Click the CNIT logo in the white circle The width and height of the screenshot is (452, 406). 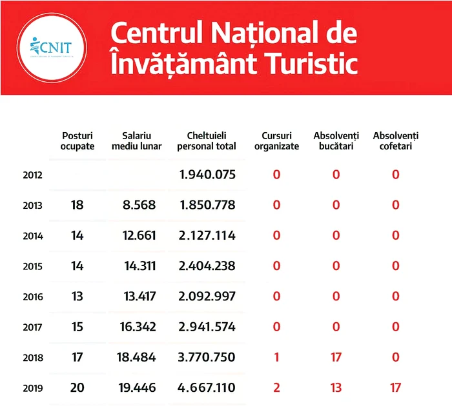(x=51, y=48)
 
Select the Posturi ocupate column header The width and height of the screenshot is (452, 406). (x=77, y=141)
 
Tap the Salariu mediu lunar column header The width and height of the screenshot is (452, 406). (x=136, y=141)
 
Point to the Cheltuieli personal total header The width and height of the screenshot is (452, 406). (x=206, y=141)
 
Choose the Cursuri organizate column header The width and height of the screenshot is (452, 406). (x=276, y=141)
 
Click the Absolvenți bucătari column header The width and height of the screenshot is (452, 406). (x=336, y=141)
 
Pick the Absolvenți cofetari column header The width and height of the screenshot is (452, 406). (x=396, y=141)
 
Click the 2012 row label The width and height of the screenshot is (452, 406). (x=32, y=175)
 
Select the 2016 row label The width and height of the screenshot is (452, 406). (x=32, y=297)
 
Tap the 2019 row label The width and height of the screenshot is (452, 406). (x=32, y=389)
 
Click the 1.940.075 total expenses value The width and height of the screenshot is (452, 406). (x=207, y=175)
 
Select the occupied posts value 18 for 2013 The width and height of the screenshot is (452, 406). (x=77, y=205)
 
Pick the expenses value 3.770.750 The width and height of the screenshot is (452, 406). (x=207, y=358)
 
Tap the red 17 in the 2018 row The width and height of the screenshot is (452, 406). (x=336, y=358)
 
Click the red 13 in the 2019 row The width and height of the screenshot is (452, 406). (x=336, y=388)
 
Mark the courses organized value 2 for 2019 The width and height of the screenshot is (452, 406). (x=276, y=388)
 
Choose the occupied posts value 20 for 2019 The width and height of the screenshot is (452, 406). (x=77, y=388)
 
